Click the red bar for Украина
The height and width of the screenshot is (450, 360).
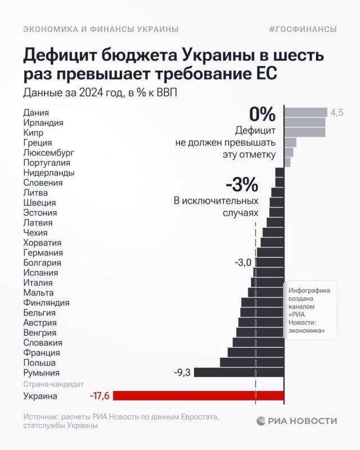[199, 396]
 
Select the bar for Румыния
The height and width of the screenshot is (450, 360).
[239, 372]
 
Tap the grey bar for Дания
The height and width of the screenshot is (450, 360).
[305, 112]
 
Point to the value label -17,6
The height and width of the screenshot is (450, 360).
[101, 396]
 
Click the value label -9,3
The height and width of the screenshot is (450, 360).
[183, 372]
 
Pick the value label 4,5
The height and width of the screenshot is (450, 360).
[336, 112]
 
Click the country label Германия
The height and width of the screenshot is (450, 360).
[43, 253]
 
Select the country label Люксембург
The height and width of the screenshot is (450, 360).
[48, 152]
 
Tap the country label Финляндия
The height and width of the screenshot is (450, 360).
[46, 303]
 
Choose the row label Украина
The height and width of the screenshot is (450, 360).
[40, 396]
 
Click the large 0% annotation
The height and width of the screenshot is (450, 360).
[262, 115]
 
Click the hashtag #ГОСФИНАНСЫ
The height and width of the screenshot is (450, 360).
[304, 29]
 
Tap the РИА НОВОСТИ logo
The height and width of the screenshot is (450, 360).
[298, 420]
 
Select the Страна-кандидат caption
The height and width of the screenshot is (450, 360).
[53, 384]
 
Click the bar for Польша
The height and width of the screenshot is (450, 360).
[252, 362]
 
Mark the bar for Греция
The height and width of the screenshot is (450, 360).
[290, 142]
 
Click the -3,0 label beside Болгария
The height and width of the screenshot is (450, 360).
[243, 263]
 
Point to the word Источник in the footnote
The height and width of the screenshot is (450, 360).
[42, 416]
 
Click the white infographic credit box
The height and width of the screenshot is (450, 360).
[309, 310]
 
